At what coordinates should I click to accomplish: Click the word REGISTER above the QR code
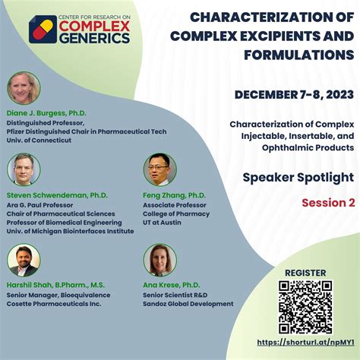tap(305, 273)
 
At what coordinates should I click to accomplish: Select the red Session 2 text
tap(328, 203)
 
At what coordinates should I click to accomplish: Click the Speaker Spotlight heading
tap(298, 177)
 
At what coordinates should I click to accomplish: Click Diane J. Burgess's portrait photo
tap(24, 87)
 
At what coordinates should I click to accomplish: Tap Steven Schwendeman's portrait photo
tap(24, 169)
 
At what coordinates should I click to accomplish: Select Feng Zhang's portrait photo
tap(159, 169)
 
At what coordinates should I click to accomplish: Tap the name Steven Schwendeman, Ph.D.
tap(58, 195)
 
